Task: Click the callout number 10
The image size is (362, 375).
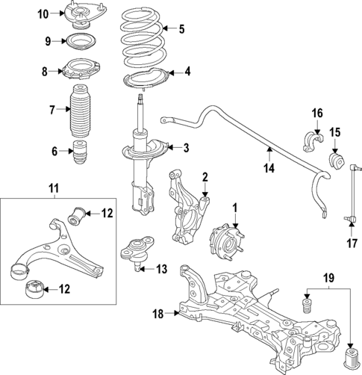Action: point(43,13)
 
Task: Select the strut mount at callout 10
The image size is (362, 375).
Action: point(77,15)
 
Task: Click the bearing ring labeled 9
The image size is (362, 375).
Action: point(78,42)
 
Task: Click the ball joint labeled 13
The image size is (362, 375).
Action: point(136,253)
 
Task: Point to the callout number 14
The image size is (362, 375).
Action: point(268,168)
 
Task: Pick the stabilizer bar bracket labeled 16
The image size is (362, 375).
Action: point(312,142)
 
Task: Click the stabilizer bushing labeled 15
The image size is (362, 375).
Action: point(337,161)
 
